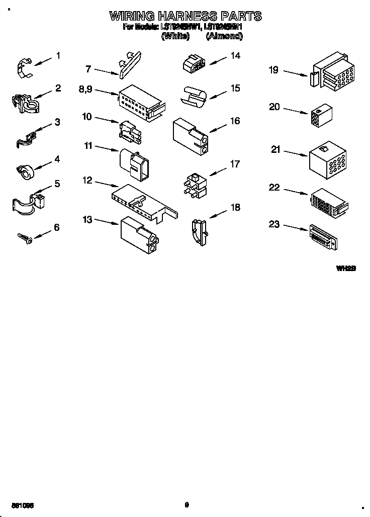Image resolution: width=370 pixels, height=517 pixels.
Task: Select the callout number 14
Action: pyautogui.click(x=235, y=56)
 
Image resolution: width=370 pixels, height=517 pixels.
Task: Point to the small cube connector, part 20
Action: pyautogui.click(x=322, y=115)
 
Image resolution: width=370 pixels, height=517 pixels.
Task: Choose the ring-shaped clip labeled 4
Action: pyautogui.click(x=22, y=170)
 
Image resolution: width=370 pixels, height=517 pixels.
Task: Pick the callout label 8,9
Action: pyautogui.click(x=86, y=89)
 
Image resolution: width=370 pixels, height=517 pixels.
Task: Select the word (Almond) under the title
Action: pyautogui.click(x=224, y=36)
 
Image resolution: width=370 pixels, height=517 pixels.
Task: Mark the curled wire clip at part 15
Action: pyautogui.click(x=196, y=96)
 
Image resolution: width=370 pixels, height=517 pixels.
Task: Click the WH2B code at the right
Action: pyautogui.click(x=346, y=269)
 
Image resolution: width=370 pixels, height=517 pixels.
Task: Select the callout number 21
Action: pyautogui.click(x=275, y=149)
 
